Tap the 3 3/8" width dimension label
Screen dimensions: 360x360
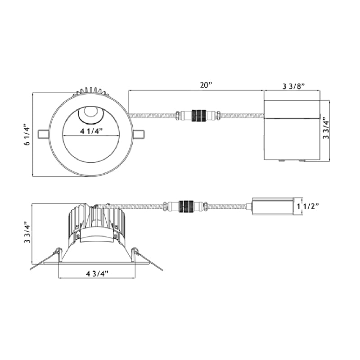293,86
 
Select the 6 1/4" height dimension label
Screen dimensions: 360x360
27,135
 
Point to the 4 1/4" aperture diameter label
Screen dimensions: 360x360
91,131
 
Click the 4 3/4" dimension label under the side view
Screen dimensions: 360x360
97,274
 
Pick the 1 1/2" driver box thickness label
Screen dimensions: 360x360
308,206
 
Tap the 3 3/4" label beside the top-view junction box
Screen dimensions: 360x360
326,128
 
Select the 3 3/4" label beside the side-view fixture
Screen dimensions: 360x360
27,232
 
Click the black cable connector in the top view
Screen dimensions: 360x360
199,116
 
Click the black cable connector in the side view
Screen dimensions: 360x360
186,206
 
